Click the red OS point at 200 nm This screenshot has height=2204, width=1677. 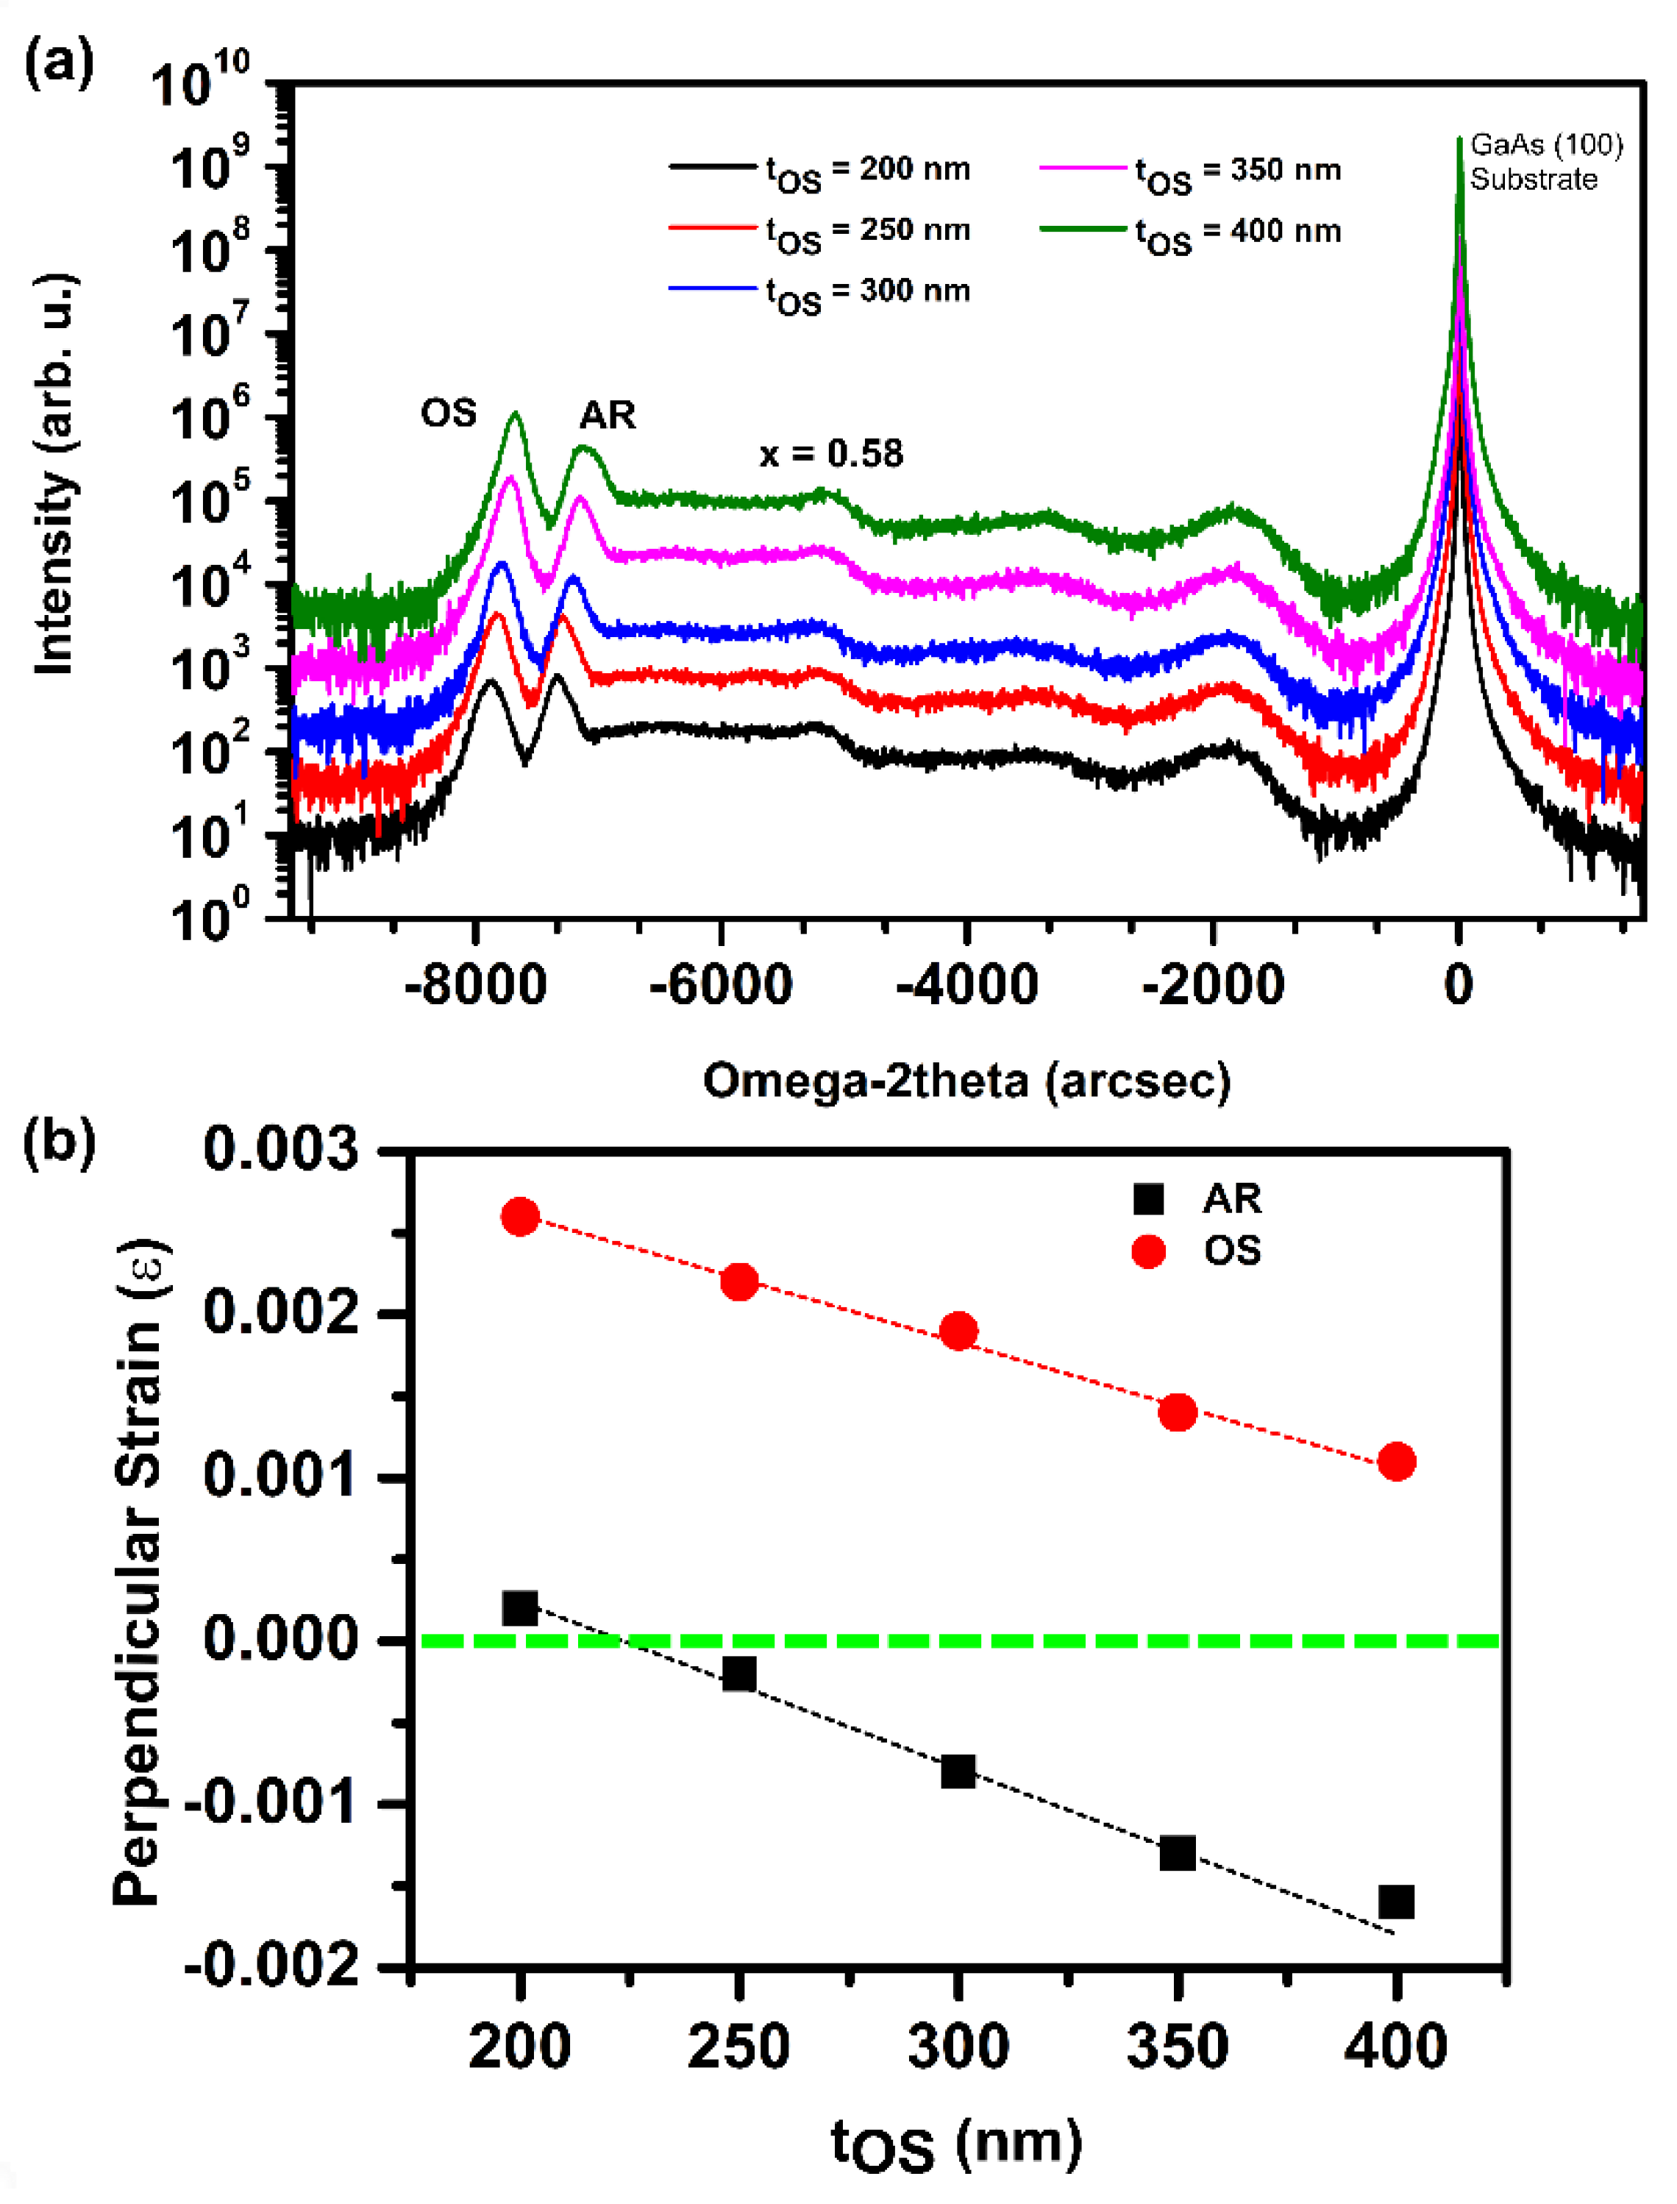pyautogui.click(x=520, y=1217)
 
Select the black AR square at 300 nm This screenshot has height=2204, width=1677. pyautogui.click(x=958, y=1771)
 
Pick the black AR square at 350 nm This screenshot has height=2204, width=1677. pyautogui.click(x=1178, y=1854)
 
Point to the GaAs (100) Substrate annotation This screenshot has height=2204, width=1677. pyautogui.click(x=1545, y=162)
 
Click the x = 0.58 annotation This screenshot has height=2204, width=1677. pyautogui.click(x=830, y=454)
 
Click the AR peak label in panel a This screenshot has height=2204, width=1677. pyautogui.click(x=607, y=415)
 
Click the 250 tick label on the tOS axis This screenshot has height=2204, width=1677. pyautogui.click(x=738, y=2047)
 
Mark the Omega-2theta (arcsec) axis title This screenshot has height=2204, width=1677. pyautogui.click(x=966, y=1081)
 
